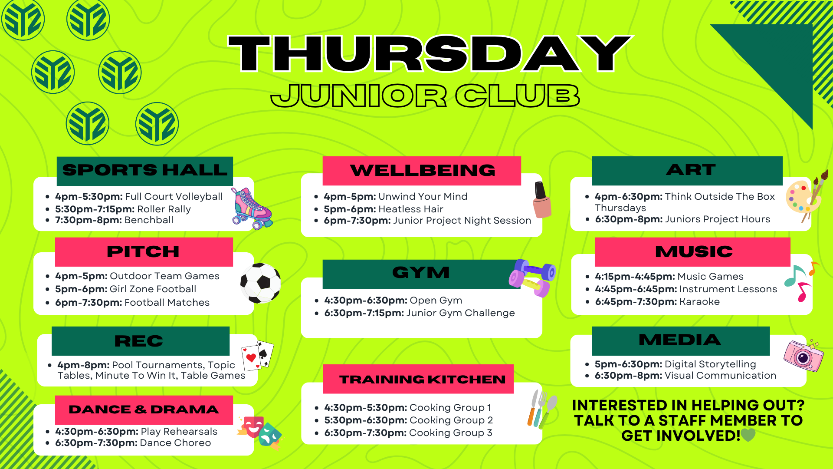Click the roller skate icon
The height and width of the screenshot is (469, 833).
click(x=252, y=208)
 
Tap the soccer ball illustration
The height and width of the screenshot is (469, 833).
click(x=260, y=283)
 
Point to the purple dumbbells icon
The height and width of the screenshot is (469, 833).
click(x=532, y=278)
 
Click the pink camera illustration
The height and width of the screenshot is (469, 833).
click(x=803, y=355)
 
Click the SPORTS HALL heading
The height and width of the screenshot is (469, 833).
click(x=145, y=170)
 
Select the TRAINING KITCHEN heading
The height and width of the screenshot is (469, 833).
click(x=423, y=380)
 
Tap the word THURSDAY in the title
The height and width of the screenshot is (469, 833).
click(x=430, y=53)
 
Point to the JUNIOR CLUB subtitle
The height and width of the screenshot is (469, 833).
click(x=425, y=96)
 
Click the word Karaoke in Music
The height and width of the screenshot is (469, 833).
click(x=699, y=301)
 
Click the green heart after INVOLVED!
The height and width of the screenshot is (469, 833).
click(x=748, y=435)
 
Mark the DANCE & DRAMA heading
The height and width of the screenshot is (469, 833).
click(x=144, y=410)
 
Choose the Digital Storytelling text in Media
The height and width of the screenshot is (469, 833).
click(x=710, y=364)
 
